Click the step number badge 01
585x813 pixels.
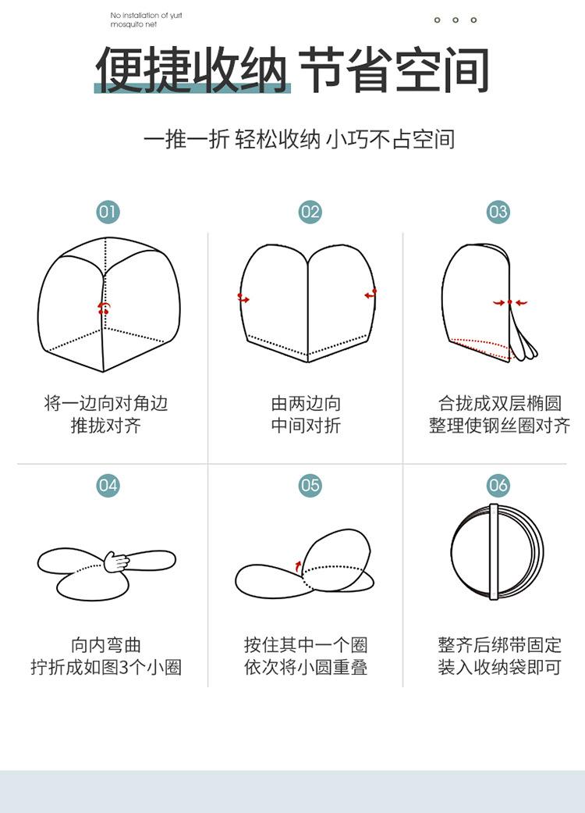(108, 212)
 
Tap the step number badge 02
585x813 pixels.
(310, 212)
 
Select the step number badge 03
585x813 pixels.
(498, 212)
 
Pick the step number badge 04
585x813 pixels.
(108, 485)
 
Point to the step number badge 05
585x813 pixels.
(310, 485)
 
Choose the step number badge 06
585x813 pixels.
(498, 485)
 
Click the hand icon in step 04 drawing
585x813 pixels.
(117, 560)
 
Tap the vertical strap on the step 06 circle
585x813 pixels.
(494, 551)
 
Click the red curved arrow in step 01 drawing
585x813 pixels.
(103, 308)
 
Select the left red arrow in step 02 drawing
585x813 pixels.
(244, 298)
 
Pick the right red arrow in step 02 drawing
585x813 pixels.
(370, 294)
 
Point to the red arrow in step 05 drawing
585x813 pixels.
(297, 565)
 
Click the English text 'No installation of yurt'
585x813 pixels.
(147, 15)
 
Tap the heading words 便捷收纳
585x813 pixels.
(192, 70)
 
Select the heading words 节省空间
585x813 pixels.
(395, 70)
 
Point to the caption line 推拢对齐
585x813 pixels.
(106, 426)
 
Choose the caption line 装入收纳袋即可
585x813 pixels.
(499, 669)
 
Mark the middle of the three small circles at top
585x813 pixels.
(456, 20)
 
